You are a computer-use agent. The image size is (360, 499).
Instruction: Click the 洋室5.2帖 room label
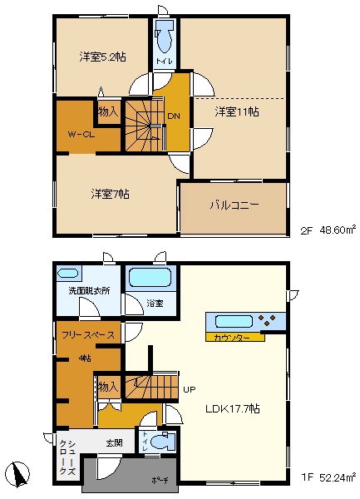click(x=103, y=57)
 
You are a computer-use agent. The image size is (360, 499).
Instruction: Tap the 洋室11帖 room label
click(x=236, y=111)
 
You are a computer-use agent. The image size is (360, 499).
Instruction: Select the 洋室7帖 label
click(x=110, y=194)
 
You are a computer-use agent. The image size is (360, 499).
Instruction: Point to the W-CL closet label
click(x=80, y=134)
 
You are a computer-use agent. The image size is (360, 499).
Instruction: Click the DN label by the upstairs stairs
click(x=174, y=116)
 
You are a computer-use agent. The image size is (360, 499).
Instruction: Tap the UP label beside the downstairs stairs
click(x=190, y=389)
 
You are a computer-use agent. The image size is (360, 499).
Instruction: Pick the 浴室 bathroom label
click(x=155, y=304)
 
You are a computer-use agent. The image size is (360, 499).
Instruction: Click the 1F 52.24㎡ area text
click(x=328, y=477)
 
